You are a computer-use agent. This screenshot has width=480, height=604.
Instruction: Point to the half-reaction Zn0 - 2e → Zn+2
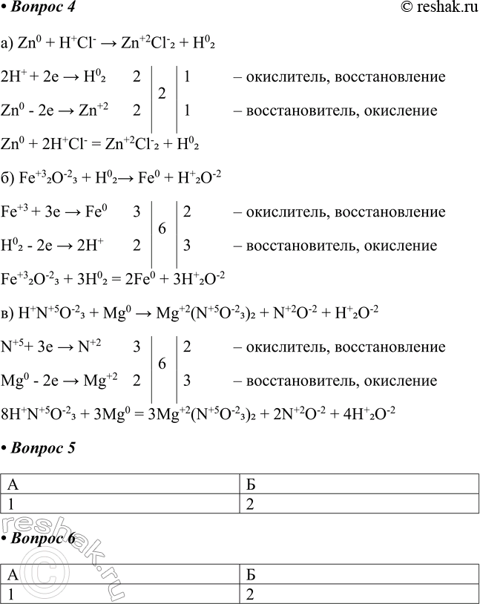[x=56, y=111]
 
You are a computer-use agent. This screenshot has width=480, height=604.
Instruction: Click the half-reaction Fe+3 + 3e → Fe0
[x=56, y=212]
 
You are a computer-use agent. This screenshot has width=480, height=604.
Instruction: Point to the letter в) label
[x=8, y=313]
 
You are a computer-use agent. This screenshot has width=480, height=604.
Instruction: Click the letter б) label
[x=8, y=178]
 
